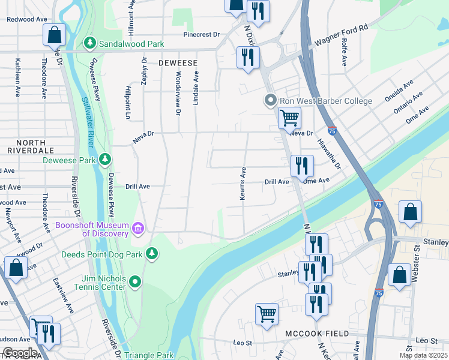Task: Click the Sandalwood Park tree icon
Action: (90, 44)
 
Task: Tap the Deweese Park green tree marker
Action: (105, 160)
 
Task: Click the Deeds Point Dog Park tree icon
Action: (152, 254)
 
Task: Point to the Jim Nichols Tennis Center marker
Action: (135, 281)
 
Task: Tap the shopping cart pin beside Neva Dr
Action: (289, 117)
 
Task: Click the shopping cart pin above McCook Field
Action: (267, 313)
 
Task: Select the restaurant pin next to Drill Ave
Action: (301, 165)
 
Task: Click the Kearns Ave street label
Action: (244, 184)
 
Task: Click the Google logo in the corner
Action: (19, 353)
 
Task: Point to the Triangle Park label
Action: (149, 355)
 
